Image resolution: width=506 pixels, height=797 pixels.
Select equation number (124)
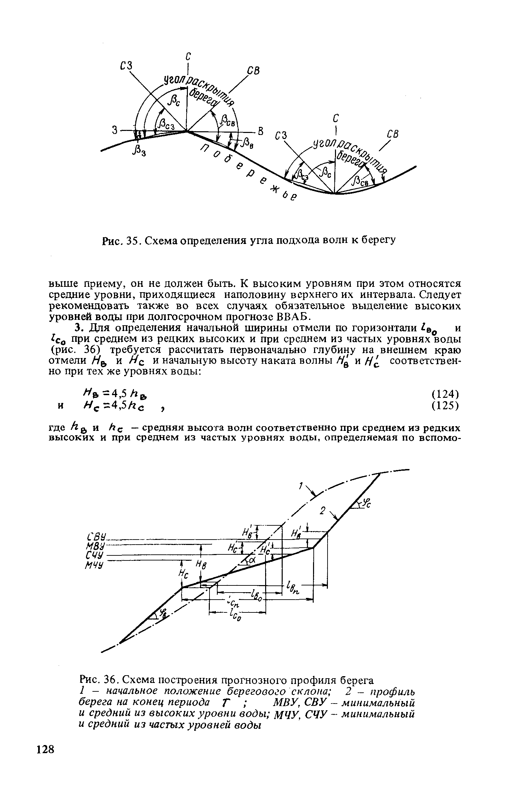tap(445, 394)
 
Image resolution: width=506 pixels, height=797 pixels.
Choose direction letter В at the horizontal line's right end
tap(260, 131)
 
